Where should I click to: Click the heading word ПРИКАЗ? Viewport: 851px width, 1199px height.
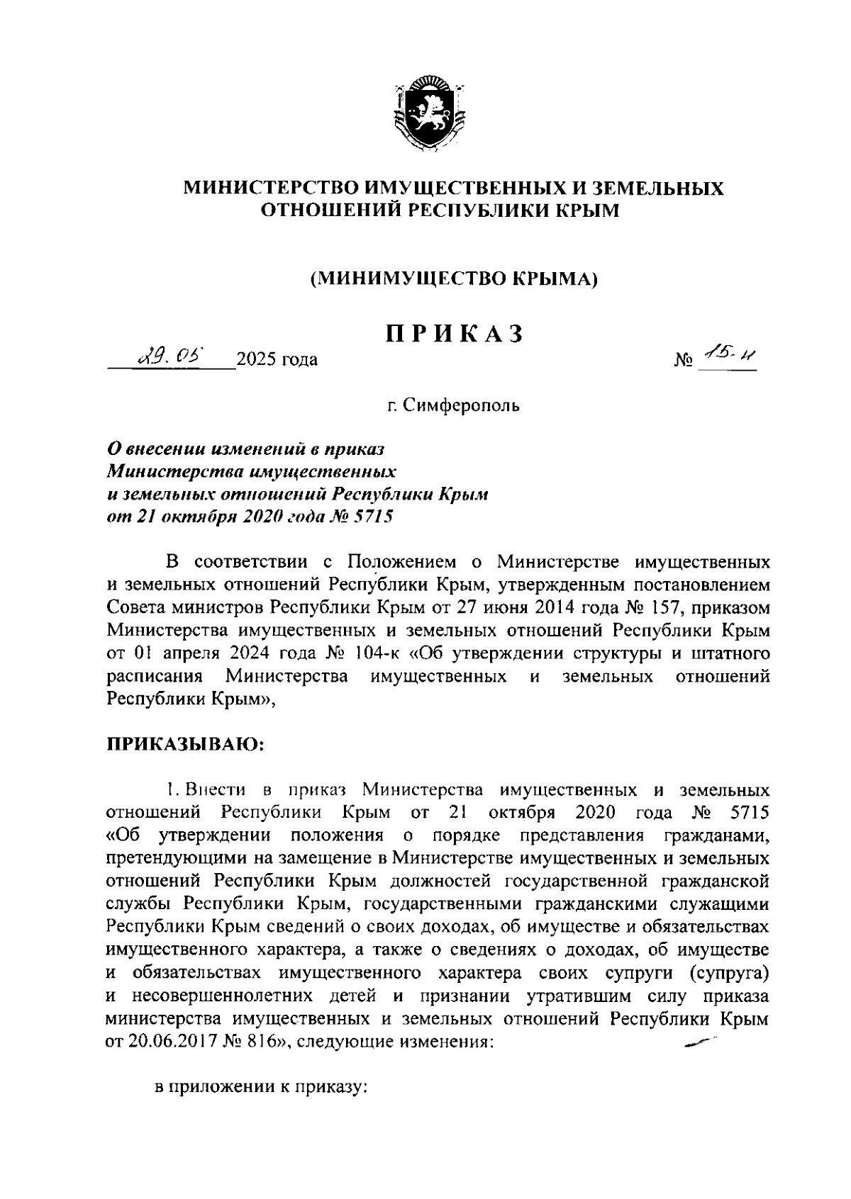(454, 334)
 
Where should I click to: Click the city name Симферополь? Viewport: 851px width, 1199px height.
(461, 406)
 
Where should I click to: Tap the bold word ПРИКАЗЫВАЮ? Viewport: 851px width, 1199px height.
(186, 745)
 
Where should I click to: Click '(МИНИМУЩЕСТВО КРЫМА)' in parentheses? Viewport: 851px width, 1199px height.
(454, 278)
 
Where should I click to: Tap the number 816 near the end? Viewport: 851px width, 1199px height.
(258, 1043)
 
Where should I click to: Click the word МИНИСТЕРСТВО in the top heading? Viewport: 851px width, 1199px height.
(272, 188)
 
